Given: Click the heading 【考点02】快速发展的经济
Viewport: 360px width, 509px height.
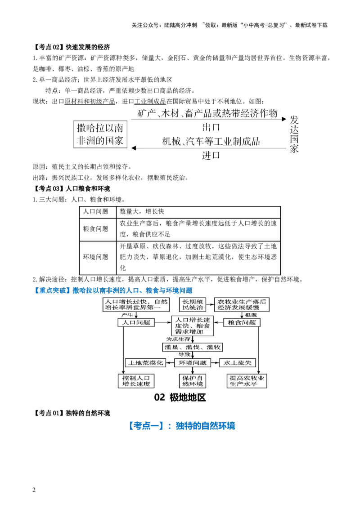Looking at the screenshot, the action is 72,47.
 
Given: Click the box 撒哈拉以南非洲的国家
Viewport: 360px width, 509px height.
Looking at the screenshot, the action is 100,134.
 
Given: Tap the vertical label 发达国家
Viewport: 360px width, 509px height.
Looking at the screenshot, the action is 294,134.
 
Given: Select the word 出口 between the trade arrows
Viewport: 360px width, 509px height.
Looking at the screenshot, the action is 211,127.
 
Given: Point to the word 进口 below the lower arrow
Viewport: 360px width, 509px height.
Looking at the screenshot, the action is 211,156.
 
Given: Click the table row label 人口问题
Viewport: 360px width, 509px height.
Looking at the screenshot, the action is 95,212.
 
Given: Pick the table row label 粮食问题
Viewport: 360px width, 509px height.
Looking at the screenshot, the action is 95,229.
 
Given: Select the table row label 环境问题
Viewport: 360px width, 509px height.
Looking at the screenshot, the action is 95,257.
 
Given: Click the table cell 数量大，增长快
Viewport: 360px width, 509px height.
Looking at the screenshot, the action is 142,212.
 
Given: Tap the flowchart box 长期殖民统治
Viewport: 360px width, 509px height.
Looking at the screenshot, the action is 193,304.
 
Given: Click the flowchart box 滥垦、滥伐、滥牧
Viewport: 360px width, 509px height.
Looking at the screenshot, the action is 193,347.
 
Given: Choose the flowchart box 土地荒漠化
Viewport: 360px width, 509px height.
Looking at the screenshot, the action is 145,363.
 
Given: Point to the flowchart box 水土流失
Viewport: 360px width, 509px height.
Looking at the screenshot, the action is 238,363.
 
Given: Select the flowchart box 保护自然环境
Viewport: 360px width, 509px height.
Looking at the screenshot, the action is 193,381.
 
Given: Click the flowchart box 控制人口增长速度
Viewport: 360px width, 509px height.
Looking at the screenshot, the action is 136,381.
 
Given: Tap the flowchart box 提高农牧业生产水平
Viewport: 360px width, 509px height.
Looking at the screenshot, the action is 247,381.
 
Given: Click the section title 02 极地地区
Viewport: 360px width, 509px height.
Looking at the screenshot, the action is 180,397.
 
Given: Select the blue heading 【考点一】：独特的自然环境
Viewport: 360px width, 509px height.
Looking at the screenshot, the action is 181,425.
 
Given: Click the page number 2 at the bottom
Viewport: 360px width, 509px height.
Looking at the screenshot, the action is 34,490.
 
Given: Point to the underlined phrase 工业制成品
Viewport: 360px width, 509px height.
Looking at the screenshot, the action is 150,101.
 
